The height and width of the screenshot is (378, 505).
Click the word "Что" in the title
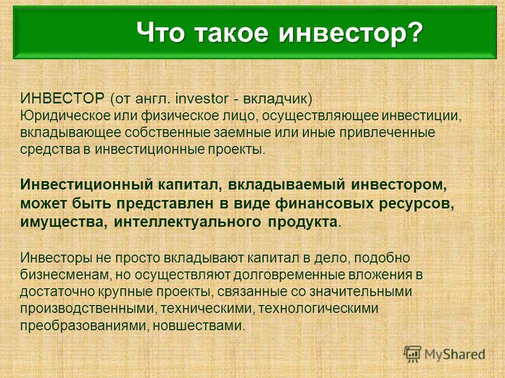pos(161,32)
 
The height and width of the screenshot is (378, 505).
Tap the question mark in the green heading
pos(413,31)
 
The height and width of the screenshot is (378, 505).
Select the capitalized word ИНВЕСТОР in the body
pos(63,98)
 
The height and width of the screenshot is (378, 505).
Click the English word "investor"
pos(202,98)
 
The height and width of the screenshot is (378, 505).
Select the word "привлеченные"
pos(386,133)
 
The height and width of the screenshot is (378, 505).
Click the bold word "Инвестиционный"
pos(86,185)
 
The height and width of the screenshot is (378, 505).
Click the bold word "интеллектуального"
pos(187,222)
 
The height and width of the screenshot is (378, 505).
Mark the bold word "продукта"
pos(302,223)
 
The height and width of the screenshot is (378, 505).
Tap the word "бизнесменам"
pos(65,275)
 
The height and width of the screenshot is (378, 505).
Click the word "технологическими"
pos(318,309)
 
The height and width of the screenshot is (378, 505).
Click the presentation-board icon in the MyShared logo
pos(412,354)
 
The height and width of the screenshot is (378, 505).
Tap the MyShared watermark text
pos(454,354)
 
